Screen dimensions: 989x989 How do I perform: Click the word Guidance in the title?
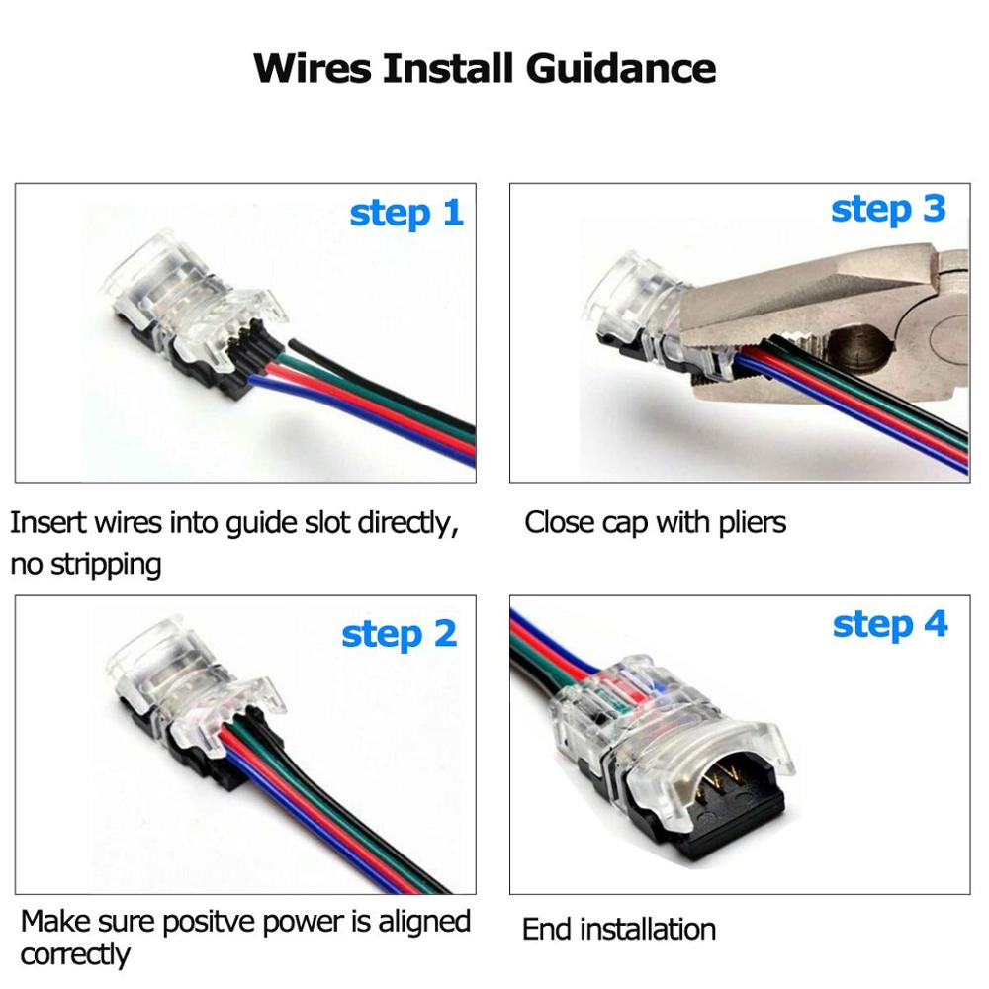(x=620, y=69)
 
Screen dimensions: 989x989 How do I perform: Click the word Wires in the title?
(x=313, y=69)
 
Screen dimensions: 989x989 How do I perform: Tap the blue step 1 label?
(x=406, y=213)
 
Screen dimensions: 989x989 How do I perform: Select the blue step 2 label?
(x=400, y=634)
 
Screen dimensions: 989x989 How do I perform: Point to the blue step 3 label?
(x=888, y=209)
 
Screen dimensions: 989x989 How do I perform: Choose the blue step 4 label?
(x=890, y=624)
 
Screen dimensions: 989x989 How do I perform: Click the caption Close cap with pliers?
(x=655, y=522)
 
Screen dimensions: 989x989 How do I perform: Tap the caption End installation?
(x=619, y=930)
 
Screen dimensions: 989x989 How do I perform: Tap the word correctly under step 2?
(x=75, y=955)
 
